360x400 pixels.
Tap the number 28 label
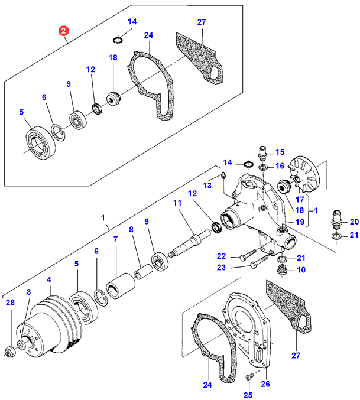click(x=10, y=303)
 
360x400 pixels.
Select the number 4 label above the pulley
click(x=49, y=279)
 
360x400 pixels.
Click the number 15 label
click(x=280, y=152)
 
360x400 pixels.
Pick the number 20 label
click(x=354, y=222)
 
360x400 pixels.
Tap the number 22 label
click(x=222, y=256)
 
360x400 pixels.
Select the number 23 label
click(x=222, y=267)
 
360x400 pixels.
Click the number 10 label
click(x=301, y=270)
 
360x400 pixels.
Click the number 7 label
click(x=115, y=239)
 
